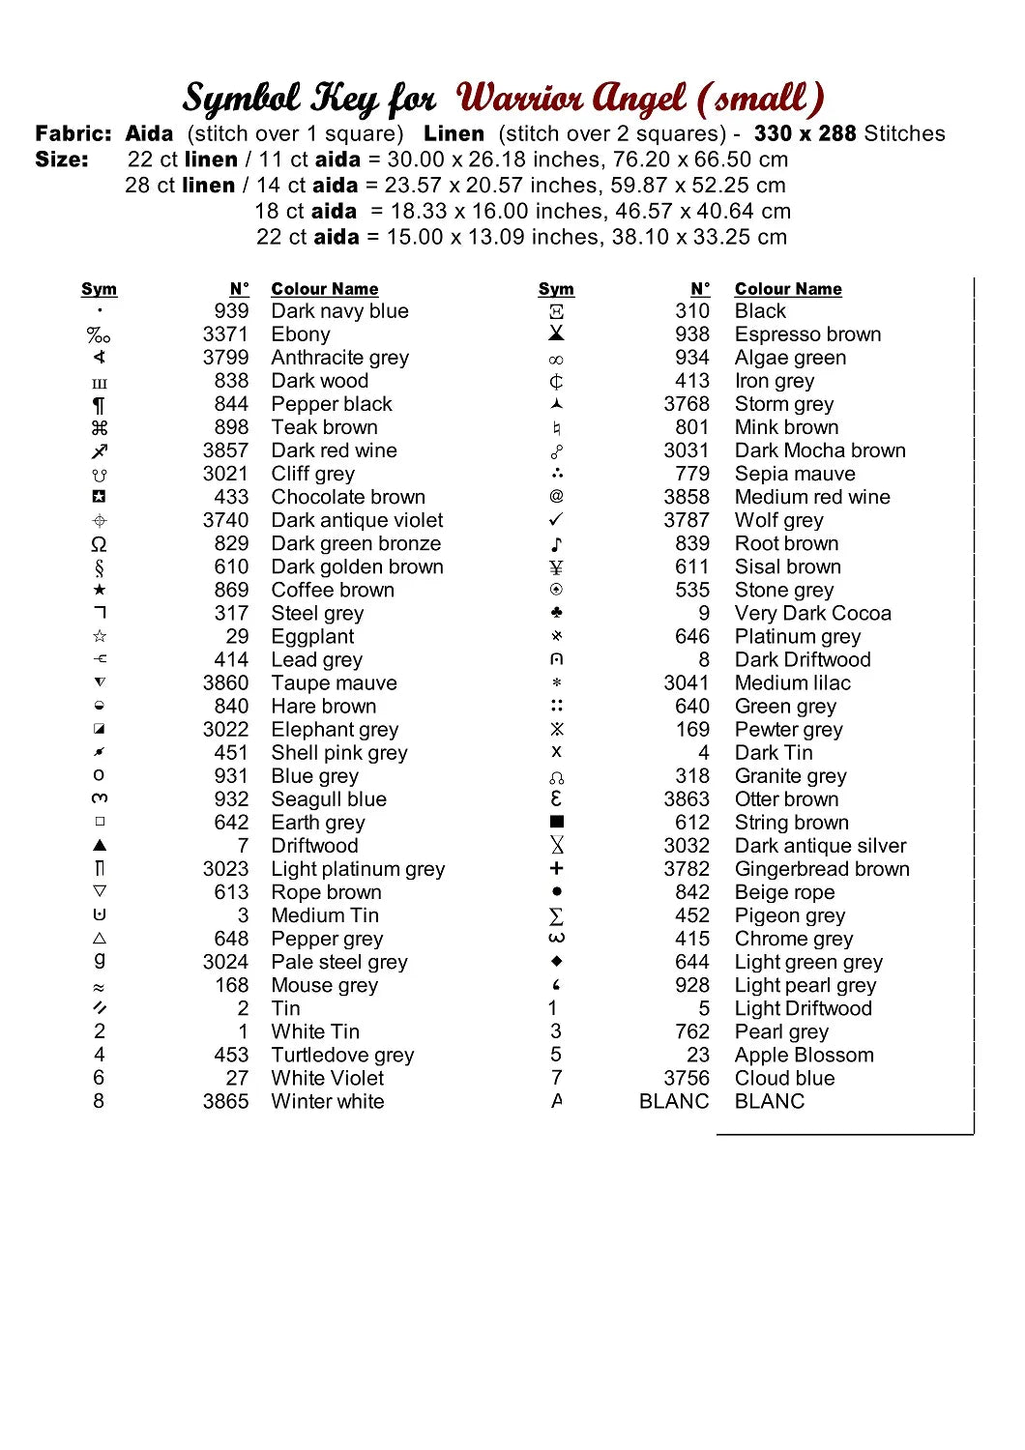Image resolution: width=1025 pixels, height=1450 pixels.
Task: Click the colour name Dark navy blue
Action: (339, 311)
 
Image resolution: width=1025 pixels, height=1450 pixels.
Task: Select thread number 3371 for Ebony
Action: (225, 334)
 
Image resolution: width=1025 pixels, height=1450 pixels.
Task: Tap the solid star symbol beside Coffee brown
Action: (100, 590)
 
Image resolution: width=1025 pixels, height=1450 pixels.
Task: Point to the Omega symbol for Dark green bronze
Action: (99, 544)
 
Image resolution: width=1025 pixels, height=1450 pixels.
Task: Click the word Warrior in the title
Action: (517, 99)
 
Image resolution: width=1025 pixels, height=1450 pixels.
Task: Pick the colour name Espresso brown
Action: (807, 334)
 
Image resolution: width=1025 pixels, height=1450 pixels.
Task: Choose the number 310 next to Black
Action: (692, 311)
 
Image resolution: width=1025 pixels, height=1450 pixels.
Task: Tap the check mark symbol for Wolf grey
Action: (556, 520)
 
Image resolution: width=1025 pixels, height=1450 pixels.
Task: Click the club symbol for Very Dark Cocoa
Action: (556, 613)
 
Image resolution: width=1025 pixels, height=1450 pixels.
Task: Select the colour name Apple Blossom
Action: (804, 1055)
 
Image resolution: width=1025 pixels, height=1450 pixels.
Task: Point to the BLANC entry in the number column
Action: (674, 1101)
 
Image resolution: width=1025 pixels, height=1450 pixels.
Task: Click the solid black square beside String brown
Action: (557, 822)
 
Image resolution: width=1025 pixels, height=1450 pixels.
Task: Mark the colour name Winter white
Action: (327, 1101)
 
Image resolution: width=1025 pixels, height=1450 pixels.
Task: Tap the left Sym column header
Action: (99, 289)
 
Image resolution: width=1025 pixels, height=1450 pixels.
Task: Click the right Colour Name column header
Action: (788, 289)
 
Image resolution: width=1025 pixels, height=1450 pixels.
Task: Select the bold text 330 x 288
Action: (805, 133)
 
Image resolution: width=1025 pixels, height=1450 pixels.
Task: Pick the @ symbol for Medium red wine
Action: (556, 496)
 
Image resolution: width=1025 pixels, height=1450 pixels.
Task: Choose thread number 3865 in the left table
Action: (225, 1101)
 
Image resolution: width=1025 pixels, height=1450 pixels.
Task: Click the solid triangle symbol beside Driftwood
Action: (100, 845)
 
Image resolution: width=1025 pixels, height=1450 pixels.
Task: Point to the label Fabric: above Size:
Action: (73, 133)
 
